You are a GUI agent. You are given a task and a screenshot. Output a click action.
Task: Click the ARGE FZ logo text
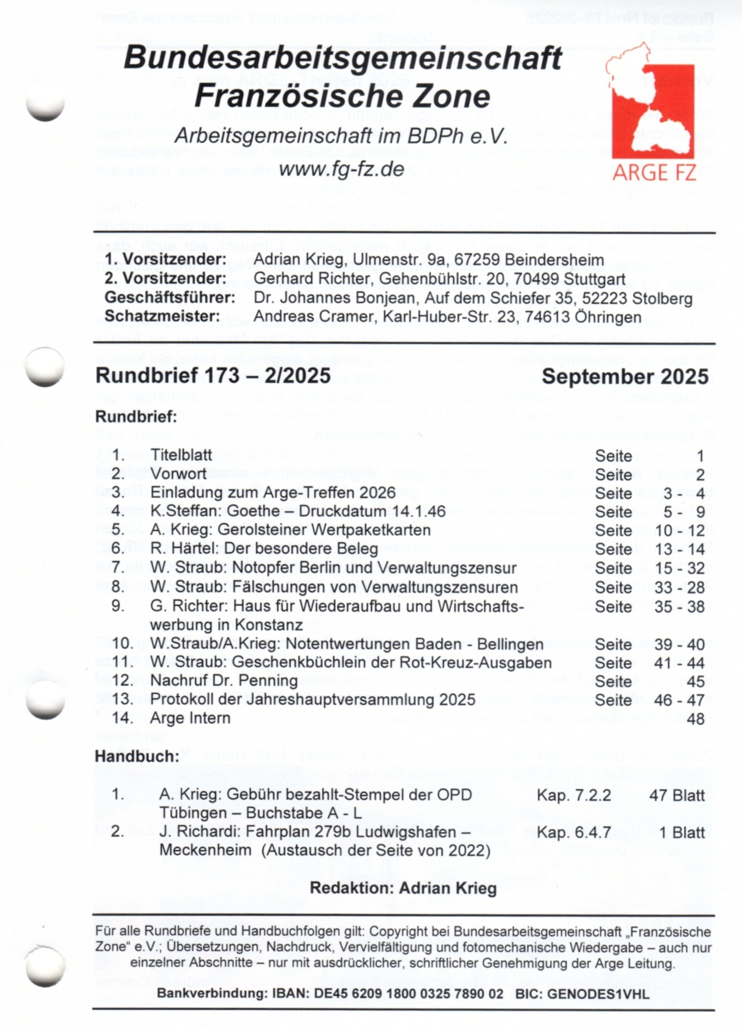[x=655, y=172]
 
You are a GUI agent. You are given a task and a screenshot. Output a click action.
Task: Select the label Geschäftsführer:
[x=169, y=298]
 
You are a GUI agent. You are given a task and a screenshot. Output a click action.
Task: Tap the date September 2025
[x=625, y=376]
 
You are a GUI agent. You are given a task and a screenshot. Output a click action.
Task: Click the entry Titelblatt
[x=181, y=455]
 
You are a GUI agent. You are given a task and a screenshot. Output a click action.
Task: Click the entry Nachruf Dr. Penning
[x=224, y=681]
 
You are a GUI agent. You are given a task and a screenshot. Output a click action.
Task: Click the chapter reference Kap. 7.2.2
[x=574, y=795]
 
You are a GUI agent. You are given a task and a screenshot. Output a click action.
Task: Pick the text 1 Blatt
[x=682, y=833]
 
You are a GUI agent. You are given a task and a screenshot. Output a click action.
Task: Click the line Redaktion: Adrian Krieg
[x=403, y=888]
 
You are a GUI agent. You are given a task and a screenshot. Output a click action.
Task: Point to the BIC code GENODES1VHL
[x=598, y=994]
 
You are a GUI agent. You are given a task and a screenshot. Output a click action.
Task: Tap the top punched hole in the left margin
[x=45, y=106]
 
